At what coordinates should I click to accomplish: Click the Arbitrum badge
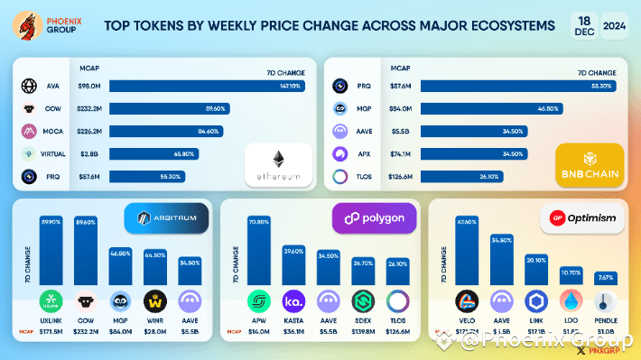click(165, 218)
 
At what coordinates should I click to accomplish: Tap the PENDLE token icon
click(606, 301)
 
